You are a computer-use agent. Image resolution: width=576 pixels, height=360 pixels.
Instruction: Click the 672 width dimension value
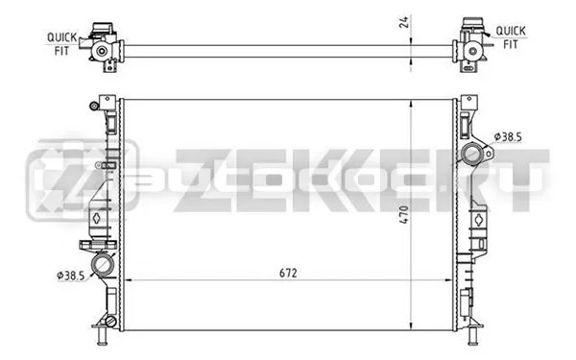click(x=288, y=273)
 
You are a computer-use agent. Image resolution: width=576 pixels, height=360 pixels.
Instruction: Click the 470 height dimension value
click(x=404, y=215)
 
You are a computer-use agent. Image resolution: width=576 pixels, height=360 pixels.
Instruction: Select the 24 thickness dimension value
click(x=404, y=22)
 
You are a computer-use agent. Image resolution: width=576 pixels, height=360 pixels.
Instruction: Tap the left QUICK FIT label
click(x=61, y=44)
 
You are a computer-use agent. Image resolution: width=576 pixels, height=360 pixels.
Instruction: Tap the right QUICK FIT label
click(x=511, y=37)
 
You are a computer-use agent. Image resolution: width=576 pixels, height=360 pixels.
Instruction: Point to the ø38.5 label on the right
click(x=508, y=137)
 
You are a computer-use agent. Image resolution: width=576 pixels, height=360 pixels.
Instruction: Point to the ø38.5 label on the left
click(x=71, y=276)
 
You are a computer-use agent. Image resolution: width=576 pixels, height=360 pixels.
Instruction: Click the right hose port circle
click(x=471, y=154)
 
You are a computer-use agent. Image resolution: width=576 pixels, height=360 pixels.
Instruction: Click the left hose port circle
click(x=102, y=264)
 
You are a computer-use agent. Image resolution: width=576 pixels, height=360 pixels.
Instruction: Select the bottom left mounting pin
click(x=102, y=336)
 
